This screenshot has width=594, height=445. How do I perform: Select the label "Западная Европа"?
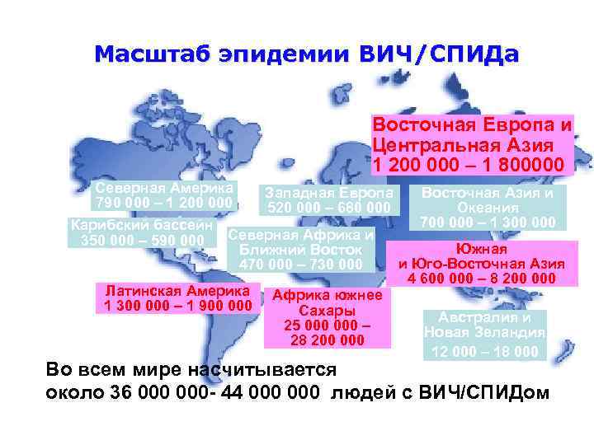click(328, 191)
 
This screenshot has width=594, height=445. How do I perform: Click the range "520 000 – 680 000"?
click(328, 207)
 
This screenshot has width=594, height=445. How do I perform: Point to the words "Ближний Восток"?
click(300, 249)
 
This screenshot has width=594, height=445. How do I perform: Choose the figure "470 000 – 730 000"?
click(300, 265)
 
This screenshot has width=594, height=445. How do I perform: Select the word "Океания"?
click(487, 208)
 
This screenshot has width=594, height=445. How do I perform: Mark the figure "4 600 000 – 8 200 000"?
click(481, 279)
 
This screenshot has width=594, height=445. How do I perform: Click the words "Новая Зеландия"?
click(484, 333)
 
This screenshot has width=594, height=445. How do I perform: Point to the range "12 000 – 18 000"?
click(484, 352)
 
